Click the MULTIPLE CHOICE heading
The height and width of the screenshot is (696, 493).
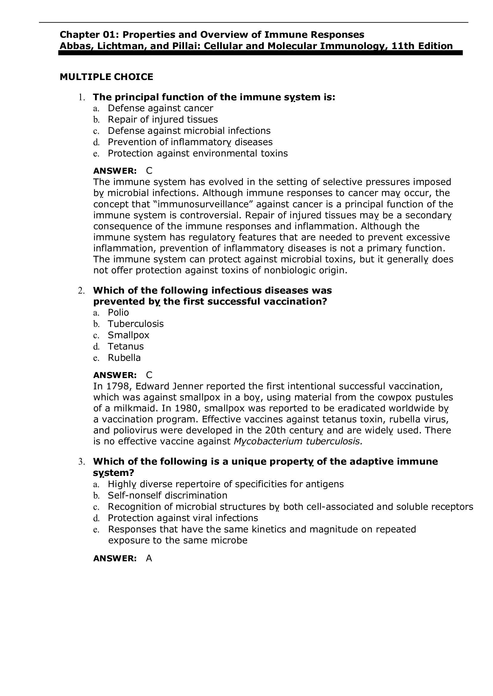point(106,77)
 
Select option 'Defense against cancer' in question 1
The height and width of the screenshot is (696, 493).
point(160,108)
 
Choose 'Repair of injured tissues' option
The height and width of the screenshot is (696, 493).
point(163,120)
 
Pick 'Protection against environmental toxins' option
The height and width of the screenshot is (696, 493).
point(198,153)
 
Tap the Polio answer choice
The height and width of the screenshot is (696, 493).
point(118,313)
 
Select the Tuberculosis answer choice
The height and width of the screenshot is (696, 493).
point(136,324)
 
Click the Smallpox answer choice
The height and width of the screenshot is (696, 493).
point(128,335)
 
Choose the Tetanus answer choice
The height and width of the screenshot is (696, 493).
point(126,346)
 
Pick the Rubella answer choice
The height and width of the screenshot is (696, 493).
point(124,358)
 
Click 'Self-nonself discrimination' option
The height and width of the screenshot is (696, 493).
point(168,496)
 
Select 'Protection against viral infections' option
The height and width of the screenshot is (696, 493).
point(183,518)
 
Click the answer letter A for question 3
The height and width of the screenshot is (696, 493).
point(149,559)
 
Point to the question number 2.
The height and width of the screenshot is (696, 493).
point(81,291)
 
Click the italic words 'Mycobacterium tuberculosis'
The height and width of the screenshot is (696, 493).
point(298,442)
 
